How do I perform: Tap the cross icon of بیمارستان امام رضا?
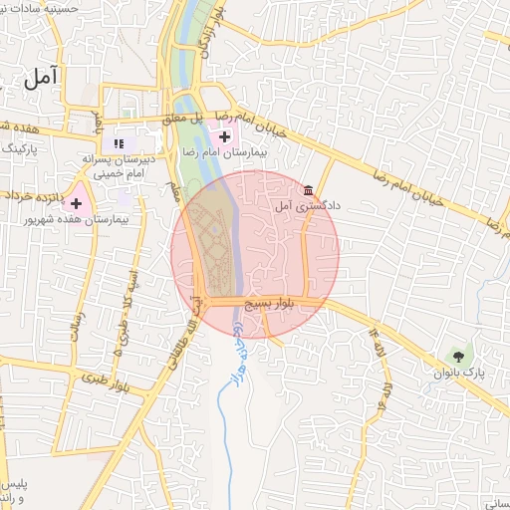click(x=225, y=136)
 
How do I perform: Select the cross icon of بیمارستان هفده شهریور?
click(x=76, y=202)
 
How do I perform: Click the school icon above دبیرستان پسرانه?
click(x=120, y=143)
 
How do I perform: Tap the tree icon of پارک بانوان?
click(x=458, y=355)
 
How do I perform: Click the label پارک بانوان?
click(x=459, y=373)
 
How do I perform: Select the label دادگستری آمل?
click(x=309, y=206)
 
